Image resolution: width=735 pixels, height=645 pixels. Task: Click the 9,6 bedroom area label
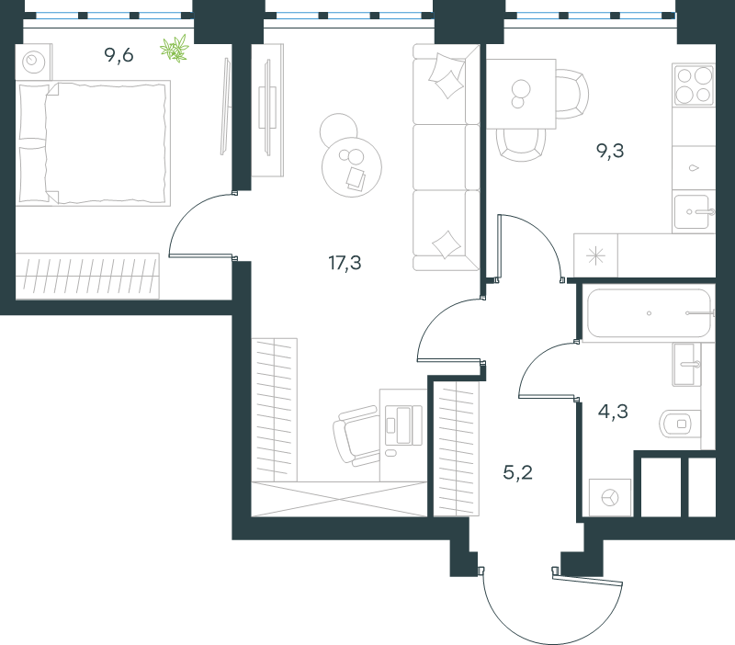pos(119,55)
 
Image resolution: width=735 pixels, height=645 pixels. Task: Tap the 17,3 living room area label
pos(345,263)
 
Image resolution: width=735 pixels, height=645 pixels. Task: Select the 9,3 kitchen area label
pos(610,151)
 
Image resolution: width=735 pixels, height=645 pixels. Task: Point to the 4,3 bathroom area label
pos(613,412)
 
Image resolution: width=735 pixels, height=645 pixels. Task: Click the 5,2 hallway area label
pos(517,472)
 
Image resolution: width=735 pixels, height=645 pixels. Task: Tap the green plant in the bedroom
pos(175,49)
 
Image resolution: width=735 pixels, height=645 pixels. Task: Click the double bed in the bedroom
pos(94,143)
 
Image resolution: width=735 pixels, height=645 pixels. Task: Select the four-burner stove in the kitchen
pos(694,85)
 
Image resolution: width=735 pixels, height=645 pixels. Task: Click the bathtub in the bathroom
pos(649,312)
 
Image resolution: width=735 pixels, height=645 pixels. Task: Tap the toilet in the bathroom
pos(680,424)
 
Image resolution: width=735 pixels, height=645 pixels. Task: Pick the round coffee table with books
pos(352,167)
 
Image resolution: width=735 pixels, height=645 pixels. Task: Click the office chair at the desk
pos(356,436)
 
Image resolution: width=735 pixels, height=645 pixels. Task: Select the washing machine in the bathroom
pos(610,497)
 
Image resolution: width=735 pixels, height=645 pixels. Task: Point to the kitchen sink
pos(693,212)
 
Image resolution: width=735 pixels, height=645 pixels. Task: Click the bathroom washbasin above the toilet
pos(687,364)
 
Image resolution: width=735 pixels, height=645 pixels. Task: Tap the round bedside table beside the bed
pos(34,62)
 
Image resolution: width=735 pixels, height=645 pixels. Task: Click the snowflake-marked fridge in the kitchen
pos(595,255)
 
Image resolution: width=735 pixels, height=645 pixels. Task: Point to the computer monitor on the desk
pos(403,424)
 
